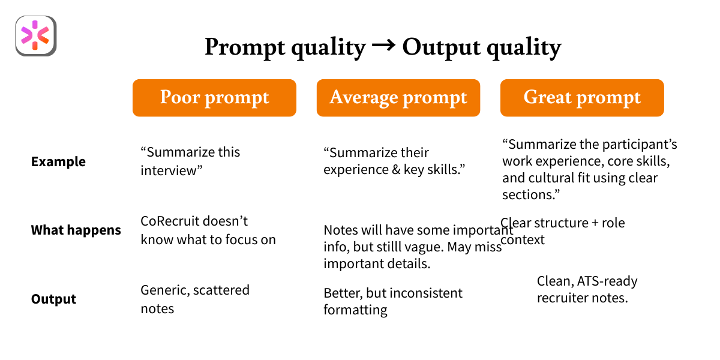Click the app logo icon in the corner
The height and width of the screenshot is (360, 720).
click(35, 36)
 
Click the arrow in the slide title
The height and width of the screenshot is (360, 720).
click(384, 46)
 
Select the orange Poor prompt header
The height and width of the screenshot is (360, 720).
click(214, 98)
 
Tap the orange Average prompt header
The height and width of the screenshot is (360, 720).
click(398, 98)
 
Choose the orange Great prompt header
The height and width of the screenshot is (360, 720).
click(582, 98)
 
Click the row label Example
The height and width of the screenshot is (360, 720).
click(58, 162)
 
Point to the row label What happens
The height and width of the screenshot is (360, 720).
click(76, 230)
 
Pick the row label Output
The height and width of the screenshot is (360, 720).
click(53, 299)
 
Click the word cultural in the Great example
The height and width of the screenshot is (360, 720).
click(553, 179)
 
